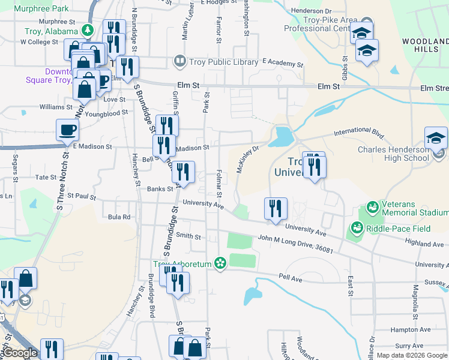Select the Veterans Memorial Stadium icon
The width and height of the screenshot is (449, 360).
coord(372,208)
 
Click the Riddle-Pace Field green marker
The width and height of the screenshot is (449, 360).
coord(357,228)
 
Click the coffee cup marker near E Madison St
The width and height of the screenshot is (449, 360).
coord(67,130)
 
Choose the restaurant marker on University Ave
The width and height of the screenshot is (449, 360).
coord(276,208)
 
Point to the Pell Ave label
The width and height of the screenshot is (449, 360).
coord(289,279)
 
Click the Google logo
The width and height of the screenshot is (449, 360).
coord(20,353)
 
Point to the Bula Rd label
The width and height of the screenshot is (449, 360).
coord(119,217)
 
